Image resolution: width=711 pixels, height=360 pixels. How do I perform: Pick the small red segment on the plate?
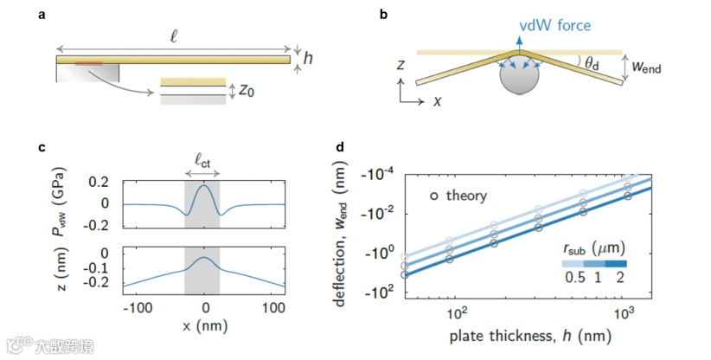(88, 63)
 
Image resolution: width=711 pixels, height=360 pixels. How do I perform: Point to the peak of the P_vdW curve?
(205, 184)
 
